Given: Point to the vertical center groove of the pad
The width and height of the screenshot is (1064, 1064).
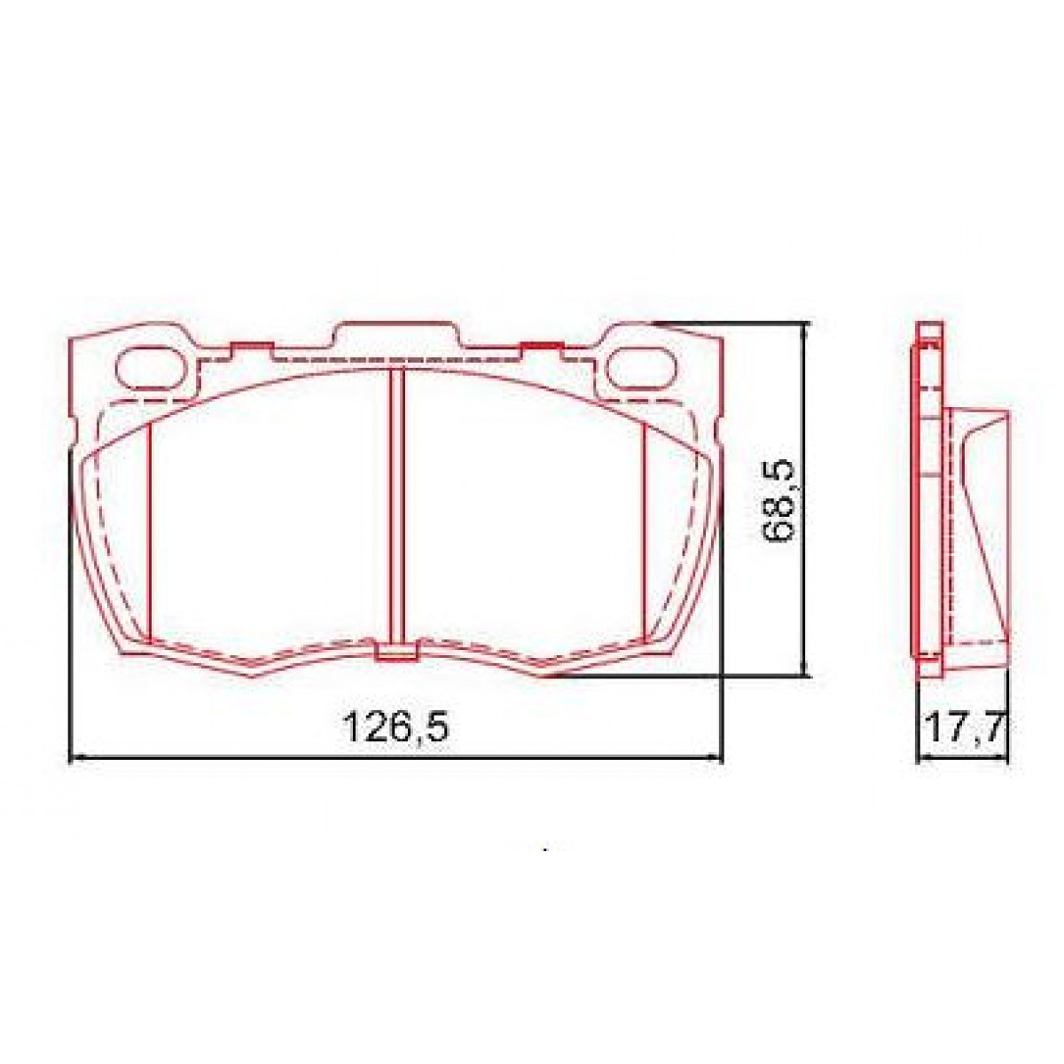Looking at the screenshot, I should (x=397, y=505).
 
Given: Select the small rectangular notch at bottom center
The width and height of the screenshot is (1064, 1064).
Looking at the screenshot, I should (x=396, y=653).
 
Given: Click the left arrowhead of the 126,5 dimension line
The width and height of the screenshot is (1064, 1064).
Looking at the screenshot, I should (x=76, y=757).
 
